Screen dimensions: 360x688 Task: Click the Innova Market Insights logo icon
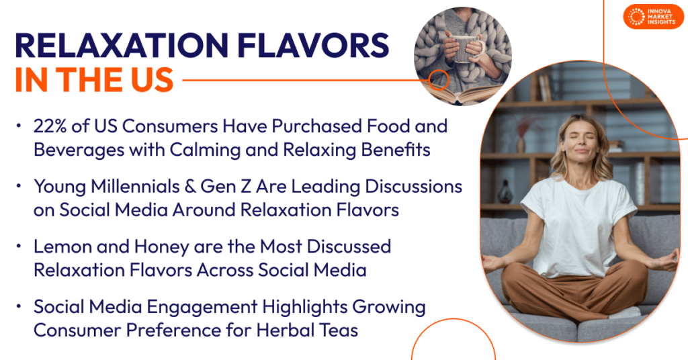(x=635, y=16)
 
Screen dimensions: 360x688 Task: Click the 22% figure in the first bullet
(x=50, y=126)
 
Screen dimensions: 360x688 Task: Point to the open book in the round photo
(x=464, y=93)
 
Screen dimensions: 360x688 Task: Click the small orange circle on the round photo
(x=439, y=79)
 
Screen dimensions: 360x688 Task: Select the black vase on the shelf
(x=505, y=195)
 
